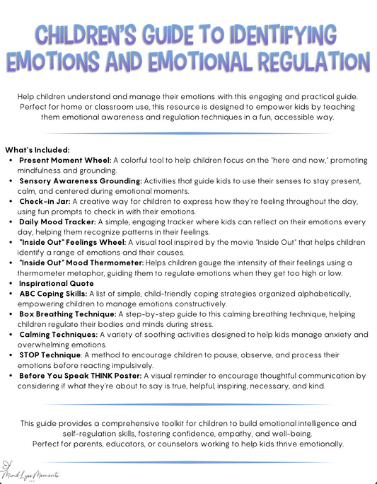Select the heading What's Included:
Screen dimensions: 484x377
37,150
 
